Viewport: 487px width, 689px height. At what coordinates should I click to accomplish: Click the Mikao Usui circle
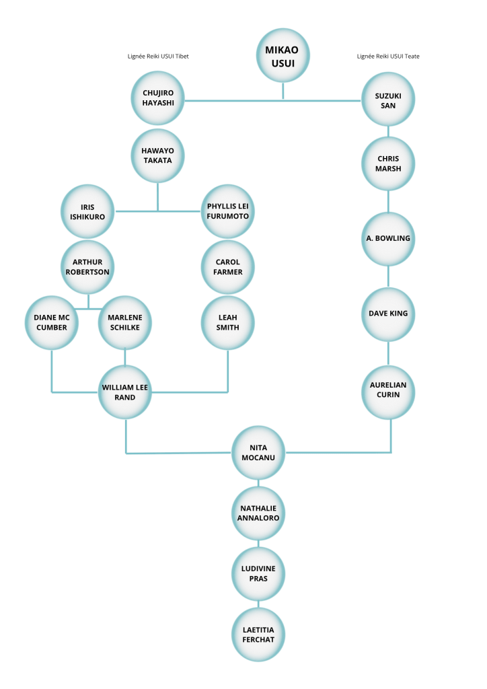pos(283,56)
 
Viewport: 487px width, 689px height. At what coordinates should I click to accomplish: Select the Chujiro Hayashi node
pos(157,98)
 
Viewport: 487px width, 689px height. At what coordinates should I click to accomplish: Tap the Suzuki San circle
pos(388,100)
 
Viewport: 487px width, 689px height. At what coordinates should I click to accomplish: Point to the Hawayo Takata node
pos(157,155)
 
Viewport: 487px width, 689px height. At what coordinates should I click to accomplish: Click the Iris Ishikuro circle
pos(87,211)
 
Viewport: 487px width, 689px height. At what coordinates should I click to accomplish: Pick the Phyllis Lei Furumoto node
pos(227,211)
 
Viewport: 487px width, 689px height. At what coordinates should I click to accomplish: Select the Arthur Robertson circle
pos(87,267)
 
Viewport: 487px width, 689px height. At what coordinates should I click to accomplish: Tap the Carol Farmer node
pos(227,267)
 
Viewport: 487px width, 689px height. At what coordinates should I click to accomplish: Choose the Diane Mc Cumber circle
pos(51,323)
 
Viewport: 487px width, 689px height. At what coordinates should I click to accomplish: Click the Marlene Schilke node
pos(124,323)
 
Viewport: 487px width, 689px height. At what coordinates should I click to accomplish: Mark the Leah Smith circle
pos(227,323)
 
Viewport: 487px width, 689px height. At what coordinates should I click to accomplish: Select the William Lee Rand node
pos(124,392)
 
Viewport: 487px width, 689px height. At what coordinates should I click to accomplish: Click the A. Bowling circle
pos(388,239)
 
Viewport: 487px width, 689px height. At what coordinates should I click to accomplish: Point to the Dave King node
pos(388,314)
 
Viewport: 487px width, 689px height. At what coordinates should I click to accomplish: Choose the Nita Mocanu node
pos(258,453)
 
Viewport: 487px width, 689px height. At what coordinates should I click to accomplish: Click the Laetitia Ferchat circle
pos(258,634)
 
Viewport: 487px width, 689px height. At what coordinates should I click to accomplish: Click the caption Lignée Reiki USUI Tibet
pos(158,57)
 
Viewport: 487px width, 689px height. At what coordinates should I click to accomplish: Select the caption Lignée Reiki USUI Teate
pos(388,57)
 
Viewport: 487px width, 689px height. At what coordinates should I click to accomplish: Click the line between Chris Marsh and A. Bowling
pos(388,202)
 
